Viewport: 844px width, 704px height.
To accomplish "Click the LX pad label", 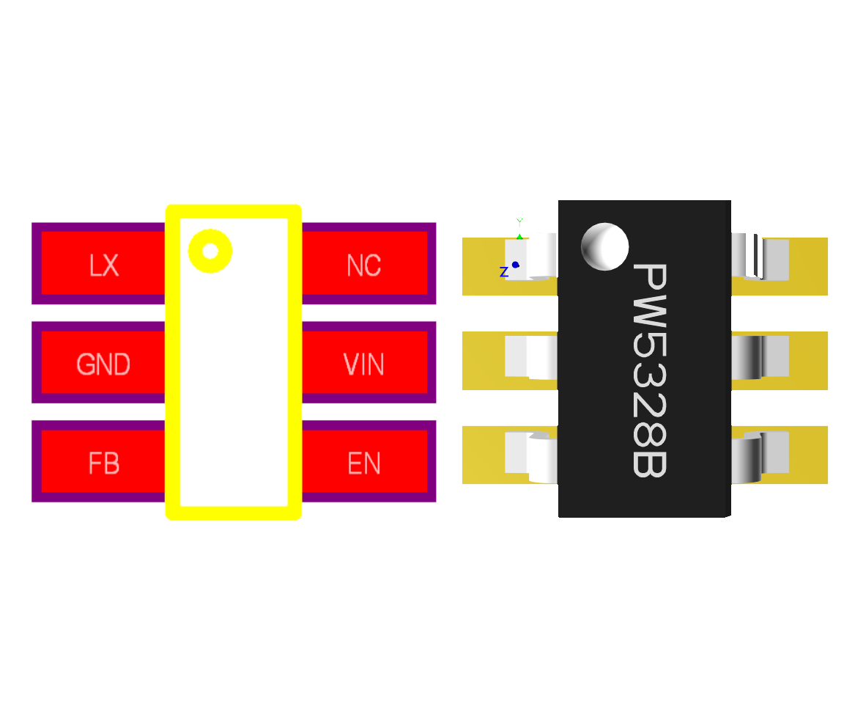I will click(x=104, y=265).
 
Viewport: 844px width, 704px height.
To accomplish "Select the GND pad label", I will click(x=103, y=364).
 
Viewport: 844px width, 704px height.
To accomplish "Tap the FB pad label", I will click(x=104, y=463).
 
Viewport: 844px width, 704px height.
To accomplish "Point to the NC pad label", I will click(x=364, y=265).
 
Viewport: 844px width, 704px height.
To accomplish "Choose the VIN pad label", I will click(x=364, y=364).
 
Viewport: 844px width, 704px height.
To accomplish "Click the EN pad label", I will click(x=364, y=463).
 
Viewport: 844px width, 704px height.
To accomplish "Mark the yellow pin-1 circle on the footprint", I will click(x=210, y=252).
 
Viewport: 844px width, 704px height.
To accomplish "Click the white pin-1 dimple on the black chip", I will click(x=604, y=246).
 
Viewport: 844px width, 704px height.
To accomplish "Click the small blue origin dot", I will click(x=516, y=265).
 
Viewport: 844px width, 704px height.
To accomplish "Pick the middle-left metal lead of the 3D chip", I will click(x=532, y=357).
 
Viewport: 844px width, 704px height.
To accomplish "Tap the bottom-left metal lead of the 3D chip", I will click(x=532, y=456).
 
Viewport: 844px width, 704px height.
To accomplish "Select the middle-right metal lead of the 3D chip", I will click(x=759, y=357).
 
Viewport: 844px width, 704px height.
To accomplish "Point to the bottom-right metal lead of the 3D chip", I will click(x=759, y=456).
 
